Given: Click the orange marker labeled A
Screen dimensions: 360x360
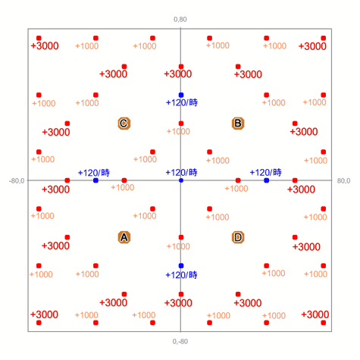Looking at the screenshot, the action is (x=124, y=237).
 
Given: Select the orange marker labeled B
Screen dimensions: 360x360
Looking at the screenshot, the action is (x=238, y=124).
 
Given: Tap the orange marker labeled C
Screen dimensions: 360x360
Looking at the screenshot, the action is (x=124, y=124).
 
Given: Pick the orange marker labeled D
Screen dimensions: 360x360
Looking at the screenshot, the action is (x=238, y=237).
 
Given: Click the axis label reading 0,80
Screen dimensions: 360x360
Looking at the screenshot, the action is (x=180, y=20).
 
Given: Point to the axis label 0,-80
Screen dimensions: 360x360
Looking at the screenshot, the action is (x=180, y=342).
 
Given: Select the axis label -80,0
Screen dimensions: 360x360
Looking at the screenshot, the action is (x=17, y=181).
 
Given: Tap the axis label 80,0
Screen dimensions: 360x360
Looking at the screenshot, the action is (x=343, y=181).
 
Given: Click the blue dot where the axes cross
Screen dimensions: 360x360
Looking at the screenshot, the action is (x=181, y=180).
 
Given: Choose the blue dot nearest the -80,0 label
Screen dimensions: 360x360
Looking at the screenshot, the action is (x=95, y=180).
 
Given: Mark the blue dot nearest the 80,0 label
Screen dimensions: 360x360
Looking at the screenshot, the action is (x=267, y=180).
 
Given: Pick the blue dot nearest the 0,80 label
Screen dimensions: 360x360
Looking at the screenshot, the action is (x=181, y=95).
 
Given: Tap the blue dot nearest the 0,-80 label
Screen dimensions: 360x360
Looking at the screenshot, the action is (x=181, y=266).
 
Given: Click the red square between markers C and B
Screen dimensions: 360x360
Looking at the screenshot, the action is (x=181, y=124).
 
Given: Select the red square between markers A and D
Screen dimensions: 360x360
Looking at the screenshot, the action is (x=181, y=237).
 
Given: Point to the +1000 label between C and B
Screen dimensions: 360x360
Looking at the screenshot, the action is (x=178, y=131).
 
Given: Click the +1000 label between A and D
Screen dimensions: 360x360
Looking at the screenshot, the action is (x=178, y=246).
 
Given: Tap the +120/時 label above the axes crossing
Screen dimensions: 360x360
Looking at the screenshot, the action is (x=181, y=173).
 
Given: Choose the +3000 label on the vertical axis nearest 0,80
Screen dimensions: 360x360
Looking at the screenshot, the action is (x=178, y=74).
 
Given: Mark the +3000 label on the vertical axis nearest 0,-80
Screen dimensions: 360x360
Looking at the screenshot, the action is (x=178, y=303).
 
